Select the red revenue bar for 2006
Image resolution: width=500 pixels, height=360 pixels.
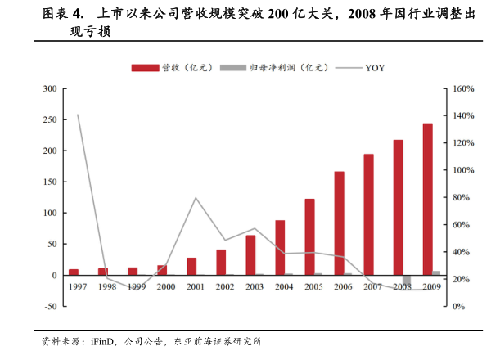339,223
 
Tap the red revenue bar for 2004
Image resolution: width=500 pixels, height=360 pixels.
280,247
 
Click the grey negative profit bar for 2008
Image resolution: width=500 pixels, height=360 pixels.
407,280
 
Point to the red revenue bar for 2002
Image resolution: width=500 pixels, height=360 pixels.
221,262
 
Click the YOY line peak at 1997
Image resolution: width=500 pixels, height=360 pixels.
78,115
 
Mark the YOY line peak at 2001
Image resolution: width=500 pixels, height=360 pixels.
196,198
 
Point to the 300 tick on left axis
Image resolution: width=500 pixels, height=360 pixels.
50,88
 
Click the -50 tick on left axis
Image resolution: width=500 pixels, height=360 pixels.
50,306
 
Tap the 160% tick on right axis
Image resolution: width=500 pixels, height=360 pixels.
463,88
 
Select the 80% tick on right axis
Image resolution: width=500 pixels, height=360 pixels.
463,197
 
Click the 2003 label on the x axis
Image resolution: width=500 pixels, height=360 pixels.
255,287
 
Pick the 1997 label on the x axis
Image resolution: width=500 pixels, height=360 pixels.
78,287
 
